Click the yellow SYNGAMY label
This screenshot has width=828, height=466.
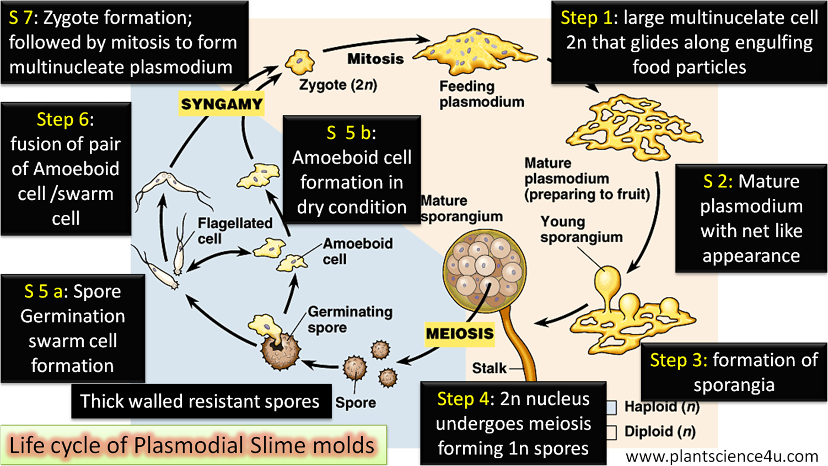click(221, 104)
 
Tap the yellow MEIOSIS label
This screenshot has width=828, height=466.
click(459, 334)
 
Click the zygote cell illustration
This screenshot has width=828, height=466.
click(300, 62)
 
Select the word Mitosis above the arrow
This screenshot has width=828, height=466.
click(375, 58)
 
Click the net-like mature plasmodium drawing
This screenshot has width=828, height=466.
click(634, 127)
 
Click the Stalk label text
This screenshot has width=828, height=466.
click(489, 368)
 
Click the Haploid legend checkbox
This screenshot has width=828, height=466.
click(611, 407)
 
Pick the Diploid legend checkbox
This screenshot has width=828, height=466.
click(611, 432)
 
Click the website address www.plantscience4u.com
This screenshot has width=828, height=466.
click(722, 456)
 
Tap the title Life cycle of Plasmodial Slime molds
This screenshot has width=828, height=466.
click(192, 445)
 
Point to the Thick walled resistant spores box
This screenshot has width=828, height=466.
click(201, 401)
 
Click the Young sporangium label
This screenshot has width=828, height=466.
click(581, 229)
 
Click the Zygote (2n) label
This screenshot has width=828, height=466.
click(338, 85)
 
